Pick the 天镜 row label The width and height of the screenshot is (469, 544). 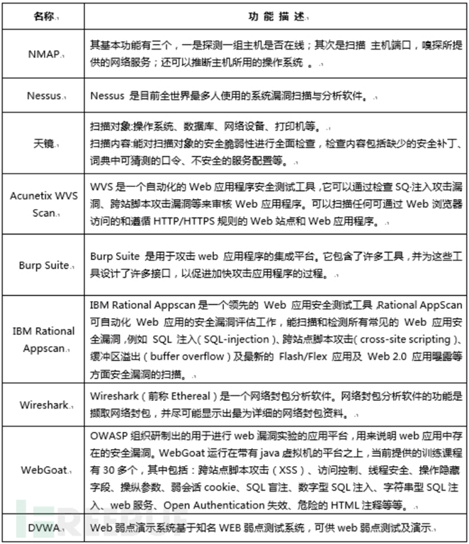click(41, 142)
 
